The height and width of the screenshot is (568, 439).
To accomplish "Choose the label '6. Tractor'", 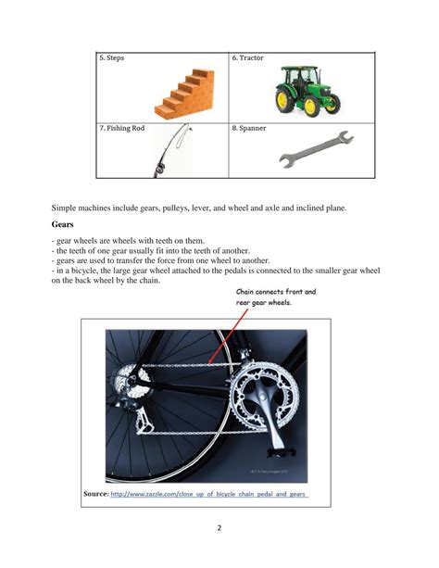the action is [x=248, y=58].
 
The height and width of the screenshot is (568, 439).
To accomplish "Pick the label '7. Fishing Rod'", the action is [x=122, y=128].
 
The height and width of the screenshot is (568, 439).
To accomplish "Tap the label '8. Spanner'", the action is [x=250, y=128].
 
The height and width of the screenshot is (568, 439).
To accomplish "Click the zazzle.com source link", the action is [x=207, y=494].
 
